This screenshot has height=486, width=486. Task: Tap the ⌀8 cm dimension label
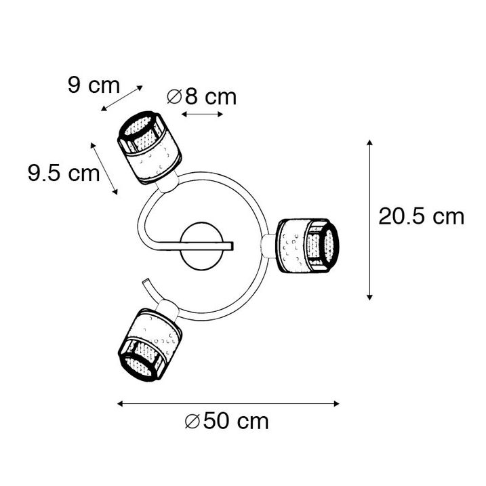tap(202, 97)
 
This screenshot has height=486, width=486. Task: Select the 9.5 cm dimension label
tap(64, 173)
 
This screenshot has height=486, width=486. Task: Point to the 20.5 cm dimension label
tap(422, 216)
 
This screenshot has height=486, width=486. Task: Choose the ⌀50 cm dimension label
tap(227, 421)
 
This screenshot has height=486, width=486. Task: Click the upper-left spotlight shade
tap(149, 148)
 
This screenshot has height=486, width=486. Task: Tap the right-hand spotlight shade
tap(307, 246)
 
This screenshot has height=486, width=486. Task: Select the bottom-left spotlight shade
tap(150, 344)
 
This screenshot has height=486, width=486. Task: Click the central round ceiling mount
tap(201, 247)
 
